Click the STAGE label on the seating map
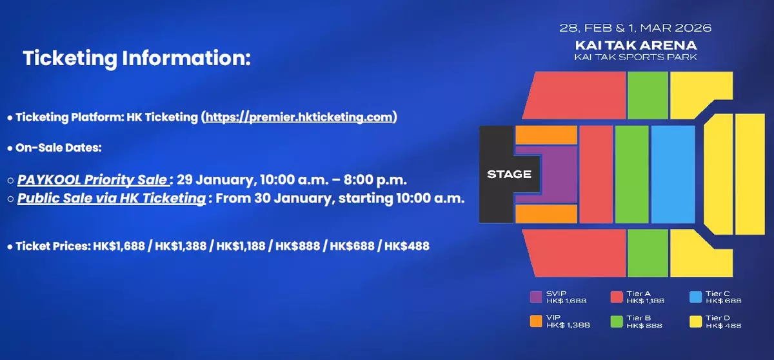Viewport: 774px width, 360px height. pyautogui.click(x=509, y=174)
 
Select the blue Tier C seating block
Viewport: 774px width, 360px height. pyautogui.click(x=673, y=174)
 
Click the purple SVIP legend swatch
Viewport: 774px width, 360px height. pyautogui.click(x=536, y=297)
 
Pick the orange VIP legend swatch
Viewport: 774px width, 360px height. pyautogui.click(x=536, y=321)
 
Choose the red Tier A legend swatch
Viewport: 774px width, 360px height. pyautogui.click(x=617, y=297)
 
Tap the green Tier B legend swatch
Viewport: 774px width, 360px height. pyautogui.click(x=617, y=321)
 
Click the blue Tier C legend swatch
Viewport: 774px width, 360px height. pyautogui.click(x=695, y=297)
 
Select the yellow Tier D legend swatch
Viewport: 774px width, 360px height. pyautogui.click(x=695, y=321)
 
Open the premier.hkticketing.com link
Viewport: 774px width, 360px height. pyautogui.click(x=299, y=117)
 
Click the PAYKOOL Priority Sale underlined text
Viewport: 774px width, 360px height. pyautogui.click(x=92, y=179)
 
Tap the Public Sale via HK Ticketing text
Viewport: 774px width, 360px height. pyautogui.click(x=112, y=198)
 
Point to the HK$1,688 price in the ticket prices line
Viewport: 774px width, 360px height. pyautogui.click(x=119, y=246)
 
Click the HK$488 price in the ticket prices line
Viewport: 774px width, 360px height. pyautogui.click(x=407, y=246)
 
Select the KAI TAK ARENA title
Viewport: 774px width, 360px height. pyautogui.click(x=636, y=45)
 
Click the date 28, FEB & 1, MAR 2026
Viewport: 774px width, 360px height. pyautogui.click(x=635, y=28)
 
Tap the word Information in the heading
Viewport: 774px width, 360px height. pyautogui.click(x=186, y=57)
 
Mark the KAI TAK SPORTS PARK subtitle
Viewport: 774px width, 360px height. pyautogui.click(x=635, y=57)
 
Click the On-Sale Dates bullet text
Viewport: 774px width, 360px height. pyautogui.click(x=59, y=148)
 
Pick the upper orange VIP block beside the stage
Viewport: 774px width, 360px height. pyautogui.click(x=546, y=135)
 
